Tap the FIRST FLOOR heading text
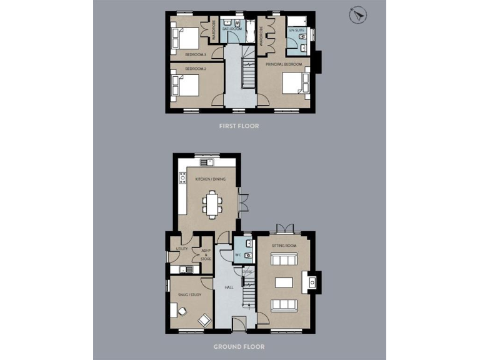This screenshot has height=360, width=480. coord(239,126)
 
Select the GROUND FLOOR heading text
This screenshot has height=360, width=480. coord(239,346)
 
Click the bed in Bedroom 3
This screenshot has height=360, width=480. coord(186,39)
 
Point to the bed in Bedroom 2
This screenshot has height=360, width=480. coord(186,86)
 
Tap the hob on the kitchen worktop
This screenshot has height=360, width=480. coord(183,177)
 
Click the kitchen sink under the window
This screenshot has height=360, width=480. coord(211,163)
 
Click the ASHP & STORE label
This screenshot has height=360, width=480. coord(206,254)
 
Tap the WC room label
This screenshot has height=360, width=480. coord(239,256)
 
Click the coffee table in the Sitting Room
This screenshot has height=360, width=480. coord(284,282)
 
